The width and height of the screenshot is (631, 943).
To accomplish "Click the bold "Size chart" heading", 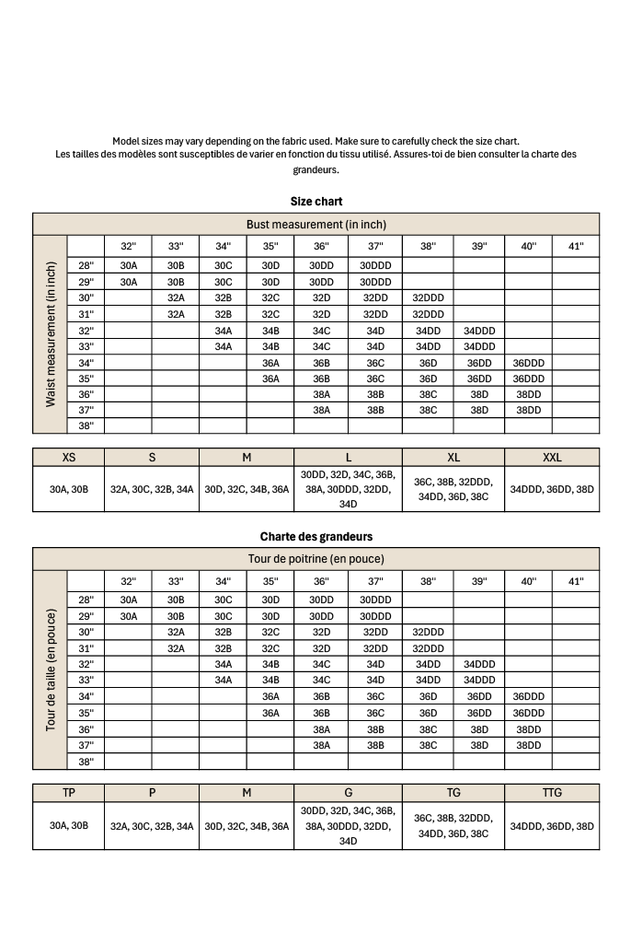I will [x=315, y=201].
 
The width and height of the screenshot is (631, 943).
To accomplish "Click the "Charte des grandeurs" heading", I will [x=315, y=536].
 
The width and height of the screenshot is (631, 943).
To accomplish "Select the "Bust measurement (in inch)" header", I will [x=315, y=224].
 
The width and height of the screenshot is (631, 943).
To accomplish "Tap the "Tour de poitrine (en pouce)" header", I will [x=315, y=559].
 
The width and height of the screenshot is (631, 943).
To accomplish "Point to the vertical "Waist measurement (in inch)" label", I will [x=51, y=334].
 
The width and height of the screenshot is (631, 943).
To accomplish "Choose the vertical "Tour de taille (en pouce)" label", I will [x=51, y=669].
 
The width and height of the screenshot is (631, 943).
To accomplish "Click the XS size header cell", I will [x=69, y=457].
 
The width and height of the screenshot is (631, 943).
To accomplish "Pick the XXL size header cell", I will [x=552, y=457].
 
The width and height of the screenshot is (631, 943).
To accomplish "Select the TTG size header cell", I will [x=552, y=792].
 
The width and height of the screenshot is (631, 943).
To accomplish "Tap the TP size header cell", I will [x=69, y=792].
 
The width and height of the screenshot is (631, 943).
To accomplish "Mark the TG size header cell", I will [x=453, y=792].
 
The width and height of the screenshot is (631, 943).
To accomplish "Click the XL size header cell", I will [x=453, y=457].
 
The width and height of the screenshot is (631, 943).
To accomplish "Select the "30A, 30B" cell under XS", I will [x=69, y=490].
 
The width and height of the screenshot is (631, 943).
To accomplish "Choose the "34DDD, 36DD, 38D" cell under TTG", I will [x=552, y=825].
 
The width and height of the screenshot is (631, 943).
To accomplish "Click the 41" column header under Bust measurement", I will [x=576, y=246].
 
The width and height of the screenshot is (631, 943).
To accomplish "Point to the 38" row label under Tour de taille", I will [x=86, y=762].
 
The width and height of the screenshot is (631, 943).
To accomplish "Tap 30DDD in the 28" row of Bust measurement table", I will [x=375, y=265].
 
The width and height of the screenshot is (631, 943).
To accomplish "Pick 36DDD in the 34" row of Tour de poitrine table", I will [x=529, y=697].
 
